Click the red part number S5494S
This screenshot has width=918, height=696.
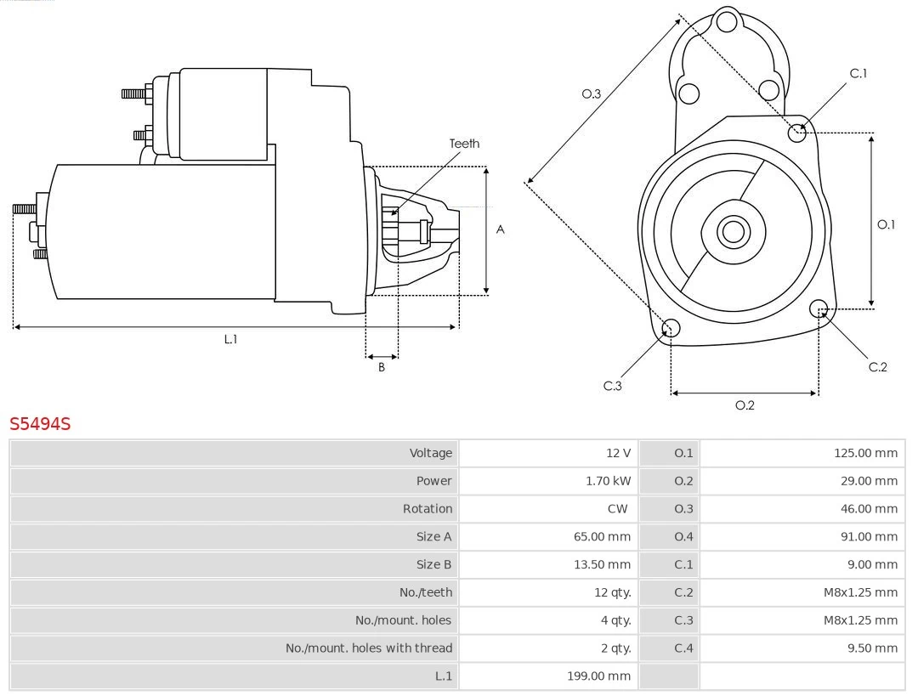coord(40,423)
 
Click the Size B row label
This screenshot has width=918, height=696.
coord(433,564)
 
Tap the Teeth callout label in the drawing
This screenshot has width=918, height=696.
coord(464,144)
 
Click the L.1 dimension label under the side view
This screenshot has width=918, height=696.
coord(230,339)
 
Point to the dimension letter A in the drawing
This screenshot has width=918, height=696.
coord(500,229)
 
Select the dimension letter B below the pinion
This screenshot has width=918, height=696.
coord(382,368)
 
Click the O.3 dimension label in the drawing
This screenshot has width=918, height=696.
coord(591,93)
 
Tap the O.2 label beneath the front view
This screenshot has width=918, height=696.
coord(745,405)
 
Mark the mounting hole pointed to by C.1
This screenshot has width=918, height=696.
coord(797,133)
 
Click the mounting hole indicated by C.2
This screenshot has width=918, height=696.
coord(819,308)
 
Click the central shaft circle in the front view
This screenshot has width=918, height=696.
coord(732,231)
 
